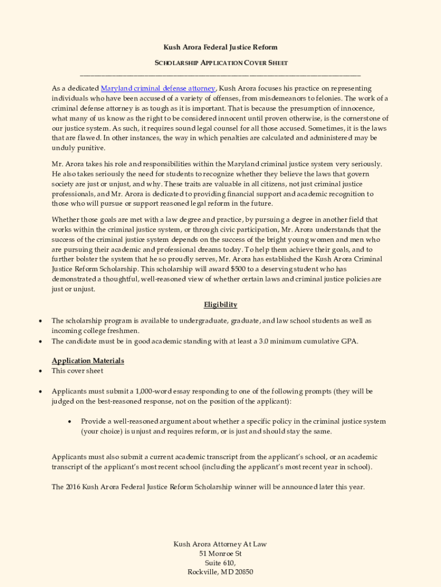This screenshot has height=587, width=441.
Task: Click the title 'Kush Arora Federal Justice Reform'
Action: pos(220,47)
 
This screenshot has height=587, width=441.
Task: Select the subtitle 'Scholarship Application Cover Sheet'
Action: pos(220,62)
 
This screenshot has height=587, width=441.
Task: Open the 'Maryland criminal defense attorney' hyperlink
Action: pos(158,88)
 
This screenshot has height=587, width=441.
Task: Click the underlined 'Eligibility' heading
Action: pos(220,304)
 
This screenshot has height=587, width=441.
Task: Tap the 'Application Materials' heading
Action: pos(88,361)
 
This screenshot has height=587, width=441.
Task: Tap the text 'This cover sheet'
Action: pos(77,371)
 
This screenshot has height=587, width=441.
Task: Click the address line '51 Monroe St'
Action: pos(220,554)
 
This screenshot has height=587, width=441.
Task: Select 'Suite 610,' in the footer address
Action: pos(220,563)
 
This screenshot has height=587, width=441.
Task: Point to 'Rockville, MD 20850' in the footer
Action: pos(220,572)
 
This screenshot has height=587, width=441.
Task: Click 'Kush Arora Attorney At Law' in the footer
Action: pos(220,544)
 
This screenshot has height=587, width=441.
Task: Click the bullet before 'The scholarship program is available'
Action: pos(40,321)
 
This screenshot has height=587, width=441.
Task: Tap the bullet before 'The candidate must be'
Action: pos(40,341)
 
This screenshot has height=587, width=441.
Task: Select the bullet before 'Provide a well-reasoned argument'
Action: pos(69,421)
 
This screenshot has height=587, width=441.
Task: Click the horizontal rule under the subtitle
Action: pos(220,75)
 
